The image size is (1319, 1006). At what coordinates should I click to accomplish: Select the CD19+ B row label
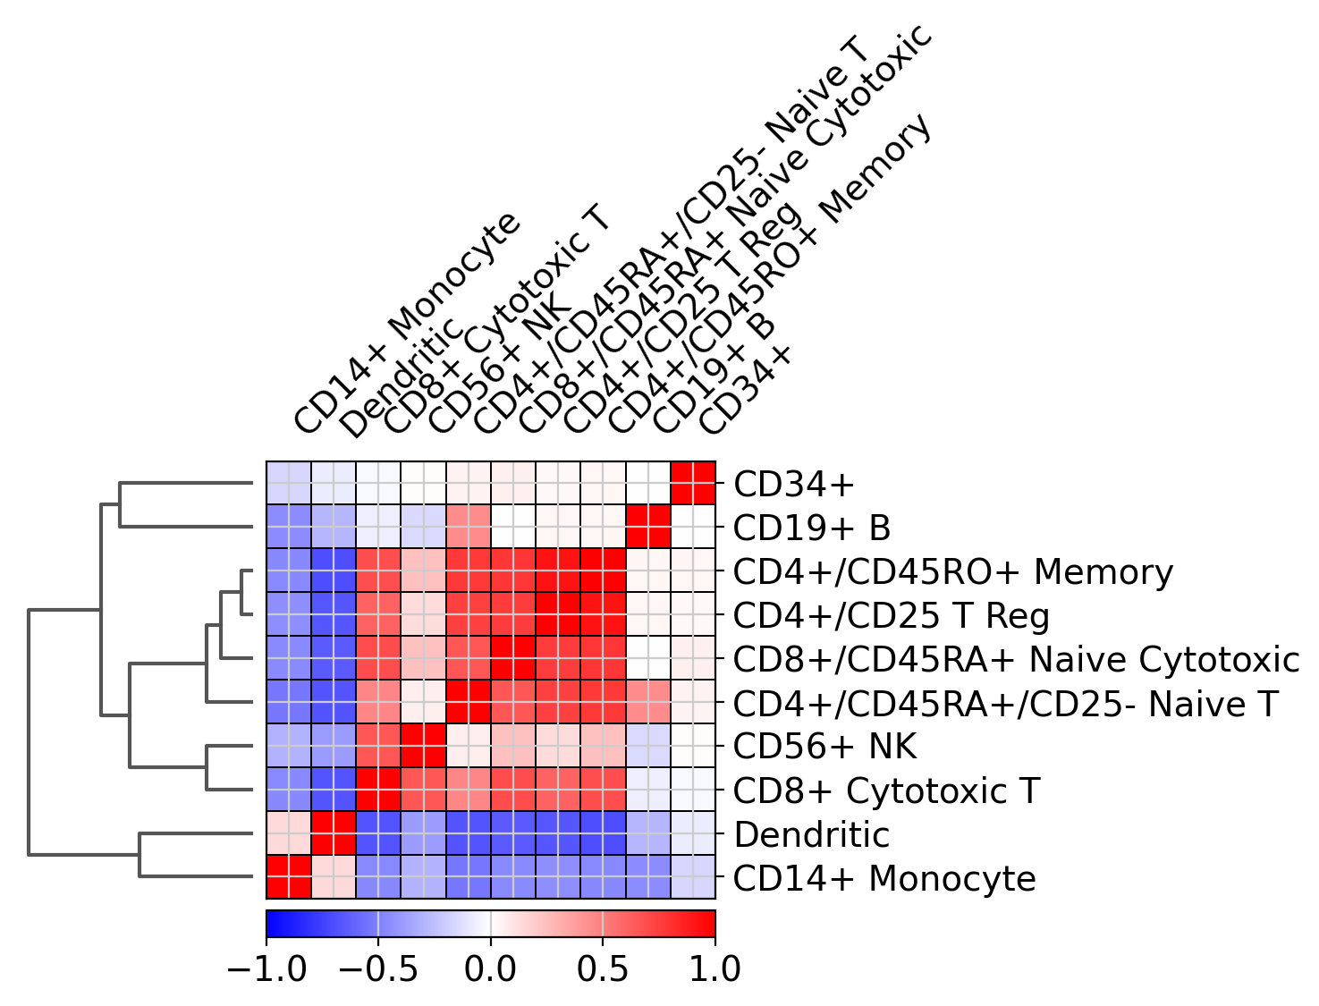coord(812,528)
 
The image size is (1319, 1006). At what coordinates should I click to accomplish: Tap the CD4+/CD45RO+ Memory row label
coord(952,572)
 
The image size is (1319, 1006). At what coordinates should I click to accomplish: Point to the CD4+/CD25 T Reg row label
coord(891,616)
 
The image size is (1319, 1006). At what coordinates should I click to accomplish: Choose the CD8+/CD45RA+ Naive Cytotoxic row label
coord(1016,660)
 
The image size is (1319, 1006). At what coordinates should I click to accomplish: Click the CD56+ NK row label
coord(824,747)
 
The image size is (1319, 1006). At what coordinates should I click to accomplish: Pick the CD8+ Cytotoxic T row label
coord(886,790)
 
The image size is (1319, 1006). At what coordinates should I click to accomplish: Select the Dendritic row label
coord(811,835)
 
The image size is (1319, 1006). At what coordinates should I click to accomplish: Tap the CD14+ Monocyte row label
coord(884,879)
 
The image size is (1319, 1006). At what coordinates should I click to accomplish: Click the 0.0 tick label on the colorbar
coord(490,968)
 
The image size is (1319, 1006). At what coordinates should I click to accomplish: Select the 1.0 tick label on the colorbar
coord(714,968)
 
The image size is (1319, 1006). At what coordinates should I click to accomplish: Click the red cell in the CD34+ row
coord(693,484)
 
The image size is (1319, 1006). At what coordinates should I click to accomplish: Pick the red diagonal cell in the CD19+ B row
coord(648,528)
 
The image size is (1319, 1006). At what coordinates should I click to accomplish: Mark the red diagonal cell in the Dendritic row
coord(334,834)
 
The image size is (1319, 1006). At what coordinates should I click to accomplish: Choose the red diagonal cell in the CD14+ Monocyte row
coord(289,878)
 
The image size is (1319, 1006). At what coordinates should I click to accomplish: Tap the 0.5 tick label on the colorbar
coord(603,968)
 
